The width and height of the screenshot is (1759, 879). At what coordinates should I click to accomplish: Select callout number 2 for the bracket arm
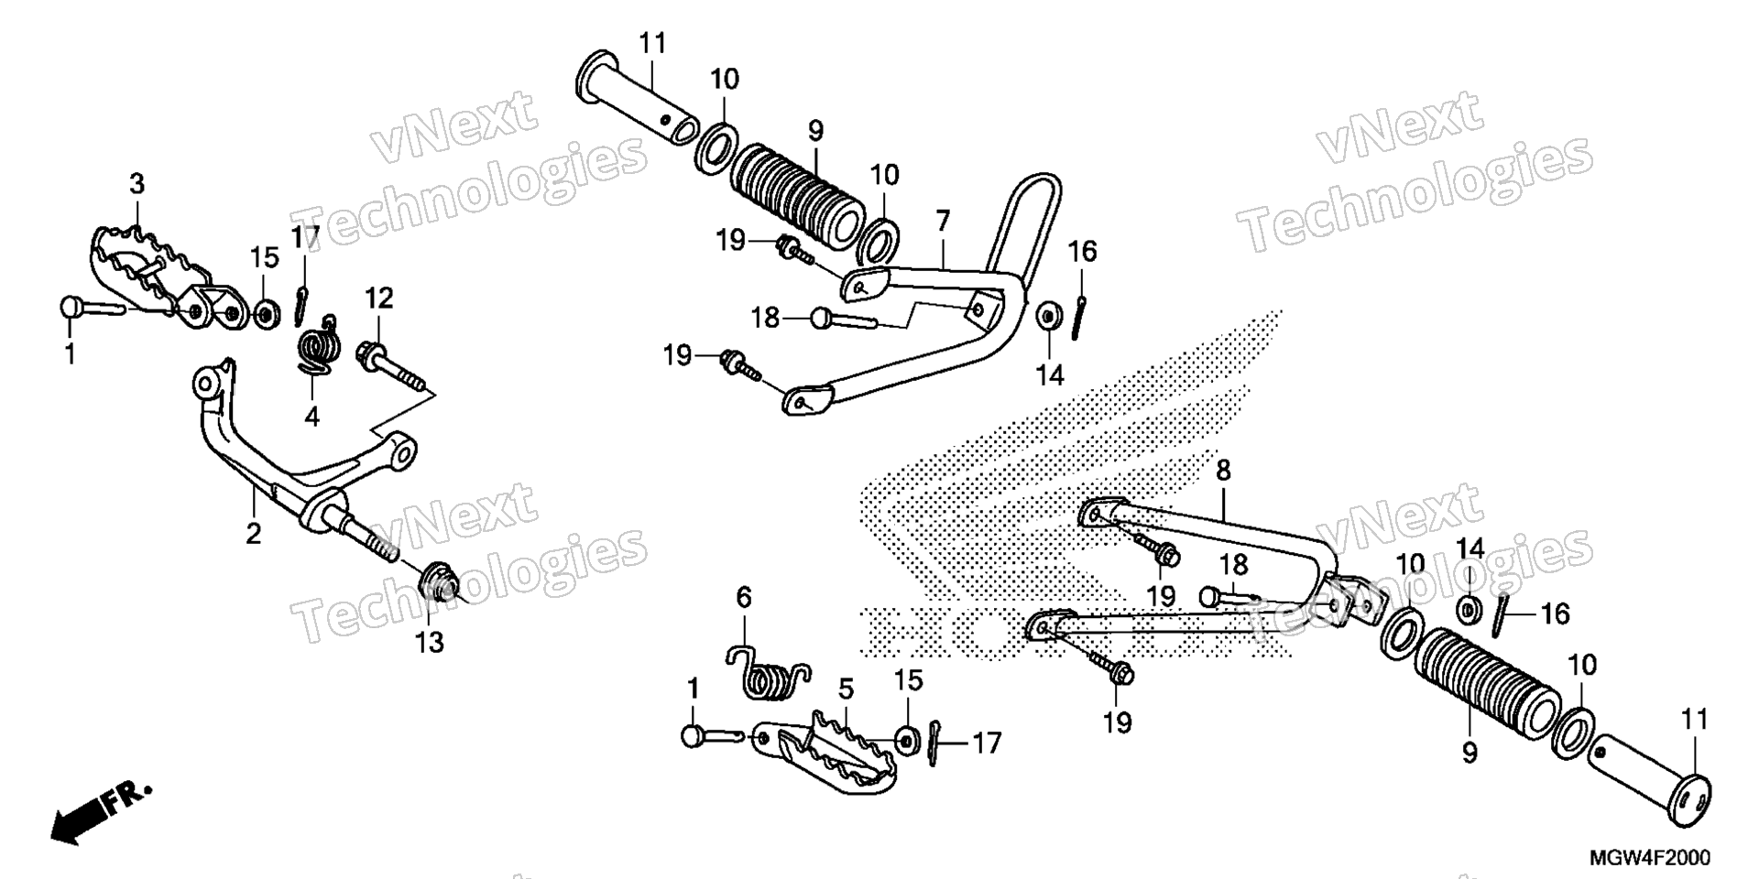coord(254,533)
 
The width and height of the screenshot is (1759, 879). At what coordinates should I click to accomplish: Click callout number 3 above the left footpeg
coord(137,184)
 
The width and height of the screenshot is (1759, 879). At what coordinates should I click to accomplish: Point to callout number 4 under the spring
coord(311,417)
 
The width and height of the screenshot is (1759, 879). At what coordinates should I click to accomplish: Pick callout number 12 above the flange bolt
coord(379,298)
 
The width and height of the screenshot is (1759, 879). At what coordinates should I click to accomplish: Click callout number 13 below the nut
coord(429,642)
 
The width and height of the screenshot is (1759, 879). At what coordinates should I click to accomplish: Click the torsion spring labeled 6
coord(768,674)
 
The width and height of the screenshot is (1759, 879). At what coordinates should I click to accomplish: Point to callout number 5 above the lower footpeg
coord(845,688)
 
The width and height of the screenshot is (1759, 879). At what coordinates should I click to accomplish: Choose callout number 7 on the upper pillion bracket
coord(943,221)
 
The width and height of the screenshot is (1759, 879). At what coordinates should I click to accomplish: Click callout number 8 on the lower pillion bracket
coord(1223,471)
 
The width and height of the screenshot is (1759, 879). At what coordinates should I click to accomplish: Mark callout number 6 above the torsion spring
coord(744,598)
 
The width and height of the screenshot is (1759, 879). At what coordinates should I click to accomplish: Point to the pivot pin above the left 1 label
coord(93,308)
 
